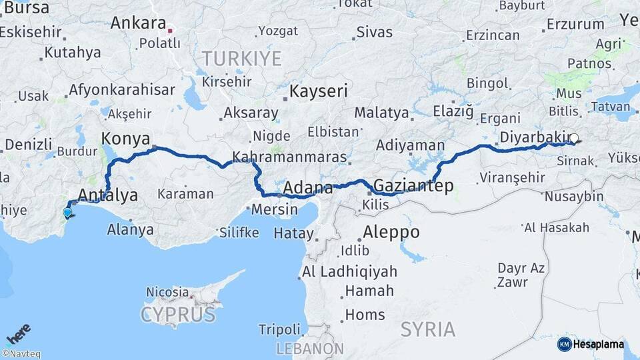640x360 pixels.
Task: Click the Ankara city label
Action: coord(138,23)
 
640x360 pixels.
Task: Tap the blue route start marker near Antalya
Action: coord(67,213)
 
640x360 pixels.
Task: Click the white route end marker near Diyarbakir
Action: coord(573,139)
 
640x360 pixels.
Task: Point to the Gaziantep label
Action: coord(413,185)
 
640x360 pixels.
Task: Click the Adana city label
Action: coord(307,188)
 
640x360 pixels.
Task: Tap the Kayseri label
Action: coord(319,91)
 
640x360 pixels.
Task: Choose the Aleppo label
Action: coord(391,233)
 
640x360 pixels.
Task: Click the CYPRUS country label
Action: coord(177,314)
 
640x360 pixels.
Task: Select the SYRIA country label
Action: coord(428,329)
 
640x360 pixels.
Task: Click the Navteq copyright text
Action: coord(21,354)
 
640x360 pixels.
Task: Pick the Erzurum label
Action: coord(575,25)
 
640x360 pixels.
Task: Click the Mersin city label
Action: coord(275,209)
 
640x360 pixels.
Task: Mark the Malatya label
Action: coord(380,112)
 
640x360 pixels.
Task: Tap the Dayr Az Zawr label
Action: coord(521,275)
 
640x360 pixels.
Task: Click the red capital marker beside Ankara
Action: coord(171,30)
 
